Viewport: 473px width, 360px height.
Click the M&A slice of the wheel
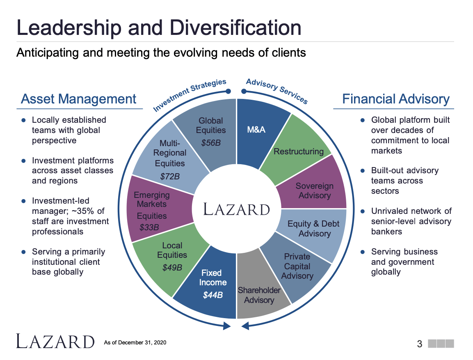pyautogui.click(x=257, y=130)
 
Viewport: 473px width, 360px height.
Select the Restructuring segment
pyautogui.click(x=299, y=151)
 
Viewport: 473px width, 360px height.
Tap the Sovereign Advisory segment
pyautogui.click(x=314, y=190)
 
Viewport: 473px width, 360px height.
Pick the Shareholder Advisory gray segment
pyautogui.click(x=259, y=295)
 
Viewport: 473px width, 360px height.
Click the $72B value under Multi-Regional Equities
pyautogui.click(x=169, y=177)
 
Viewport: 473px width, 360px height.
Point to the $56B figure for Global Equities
pyautogui.click(x=211, y=143)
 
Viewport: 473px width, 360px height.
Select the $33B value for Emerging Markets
pyautogui.click(x=149, y=227)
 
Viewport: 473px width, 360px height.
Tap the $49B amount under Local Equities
pyautogui.click(x=172, y=268)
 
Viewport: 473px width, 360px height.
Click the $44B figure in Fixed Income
pyautogui.click(x=213, y=295)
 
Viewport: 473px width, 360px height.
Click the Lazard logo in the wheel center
pyautogui.click(x=237, y=209)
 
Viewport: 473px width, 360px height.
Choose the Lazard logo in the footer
pyautogui.click(x=55, y=342)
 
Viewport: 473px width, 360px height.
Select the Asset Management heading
pyautogui.click(x=78, y=99)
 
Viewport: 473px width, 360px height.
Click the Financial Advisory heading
pyautogui.click(x=396, y=99)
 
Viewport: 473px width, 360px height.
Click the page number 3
pyautogui.click(x=419, y=344)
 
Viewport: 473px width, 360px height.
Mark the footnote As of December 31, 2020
pyautogui.click(x=135, y=342)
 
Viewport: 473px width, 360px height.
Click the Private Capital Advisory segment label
pyautogui.click(x=297, y=266)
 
